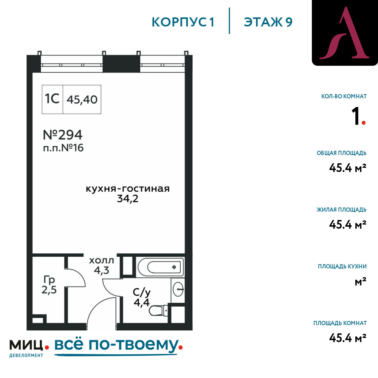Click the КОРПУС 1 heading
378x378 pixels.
(183, 22)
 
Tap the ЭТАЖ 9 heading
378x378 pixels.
(268, 22)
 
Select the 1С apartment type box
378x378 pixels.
(52, 99)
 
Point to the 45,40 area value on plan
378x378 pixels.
(82, 99)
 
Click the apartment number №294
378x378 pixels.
(63, 135)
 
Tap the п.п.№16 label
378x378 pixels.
(64, 148)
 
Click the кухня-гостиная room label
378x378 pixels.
(128, 189)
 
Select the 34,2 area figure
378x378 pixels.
(128, 199)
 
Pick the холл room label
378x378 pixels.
(101, 260)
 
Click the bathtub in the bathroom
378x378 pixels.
(160, 266)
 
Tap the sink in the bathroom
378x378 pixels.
(178, 289)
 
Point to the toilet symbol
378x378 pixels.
(158, 310)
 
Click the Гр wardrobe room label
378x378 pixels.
(50, 280)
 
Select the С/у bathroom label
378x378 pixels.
(142, 292)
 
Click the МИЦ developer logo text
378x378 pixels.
(26, 345)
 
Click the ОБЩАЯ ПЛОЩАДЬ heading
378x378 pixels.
(342, 153)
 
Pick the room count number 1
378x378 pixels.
(355, 116)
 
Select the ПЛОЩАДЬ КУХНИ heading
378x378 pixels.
(342, 266)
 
